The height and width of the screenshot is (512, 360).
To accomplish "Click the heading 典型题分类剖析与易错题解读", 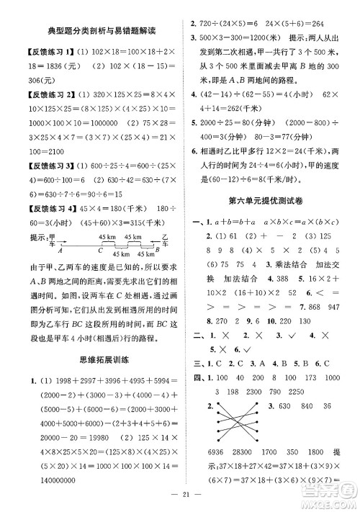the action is tap(101, 31).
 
